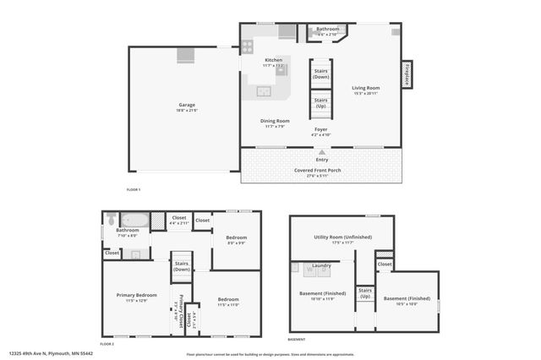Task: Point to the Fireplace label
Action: coord(407,74)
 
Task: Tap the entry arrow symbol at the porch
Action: coord(322,150)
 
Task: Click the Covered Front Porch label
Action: coord(321,170)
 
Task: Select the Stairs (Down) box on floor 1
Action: coord(321,74)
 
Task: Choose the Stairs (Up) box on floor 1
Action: coord(321,104)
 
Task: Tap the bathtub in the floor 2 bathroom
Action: coord(135,221)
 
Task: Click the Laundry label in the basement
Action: coord(321,266)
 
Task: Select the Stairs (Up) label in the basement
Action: coord(365,295)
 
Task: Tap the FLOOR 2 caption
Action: coord(107,344)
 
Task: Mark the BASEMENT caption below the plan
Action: coord(297,339)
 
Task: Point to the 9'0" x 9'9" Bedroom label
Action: coord(237,240)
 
